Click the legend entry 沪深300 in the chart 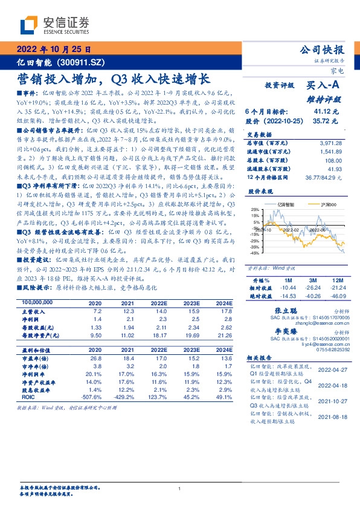(x=325, y=206)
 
